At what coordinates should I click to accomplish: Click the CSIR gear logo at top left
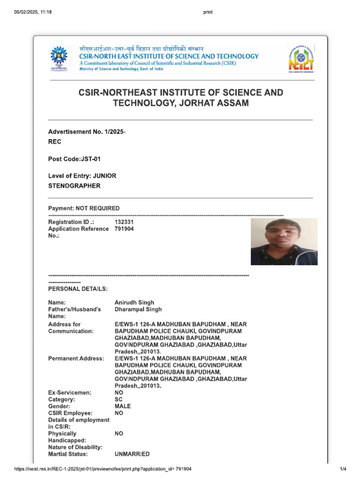point(59,58)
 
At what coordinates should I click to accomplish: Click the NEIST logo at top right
point(300,59)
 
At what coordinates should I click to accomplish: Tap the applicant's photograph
point(284,241)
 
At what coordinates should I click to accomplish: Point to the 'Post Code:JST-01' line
point(75,159)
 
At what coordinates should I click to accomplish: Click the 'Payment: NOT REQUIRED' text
point(84,208)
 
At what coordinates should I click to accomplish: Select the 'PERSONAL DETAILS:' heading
point(78,289)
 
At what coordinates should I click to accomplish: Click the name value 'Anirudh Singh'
point(134,302)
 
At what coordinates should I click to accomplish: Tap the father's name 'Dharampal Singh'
point(138,309)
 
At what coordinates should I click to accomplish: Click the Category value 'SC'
point(119,399)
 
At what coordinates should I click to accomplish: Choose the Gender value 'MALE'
point(123,406)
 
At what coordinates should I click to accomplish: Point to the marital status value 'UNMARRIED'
point(132,454)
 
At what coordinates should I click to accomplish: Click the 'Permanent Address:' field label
point(76,359)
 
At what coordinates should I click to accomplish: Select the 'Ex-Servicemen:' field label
point(70,392)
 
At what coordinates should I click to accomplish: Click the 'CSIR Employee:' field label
point(70,413)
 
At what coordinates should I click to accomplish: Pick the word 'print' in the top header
point(208,12)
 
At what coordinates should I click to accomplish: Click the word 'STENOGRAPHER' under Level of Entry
point(74,186)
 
